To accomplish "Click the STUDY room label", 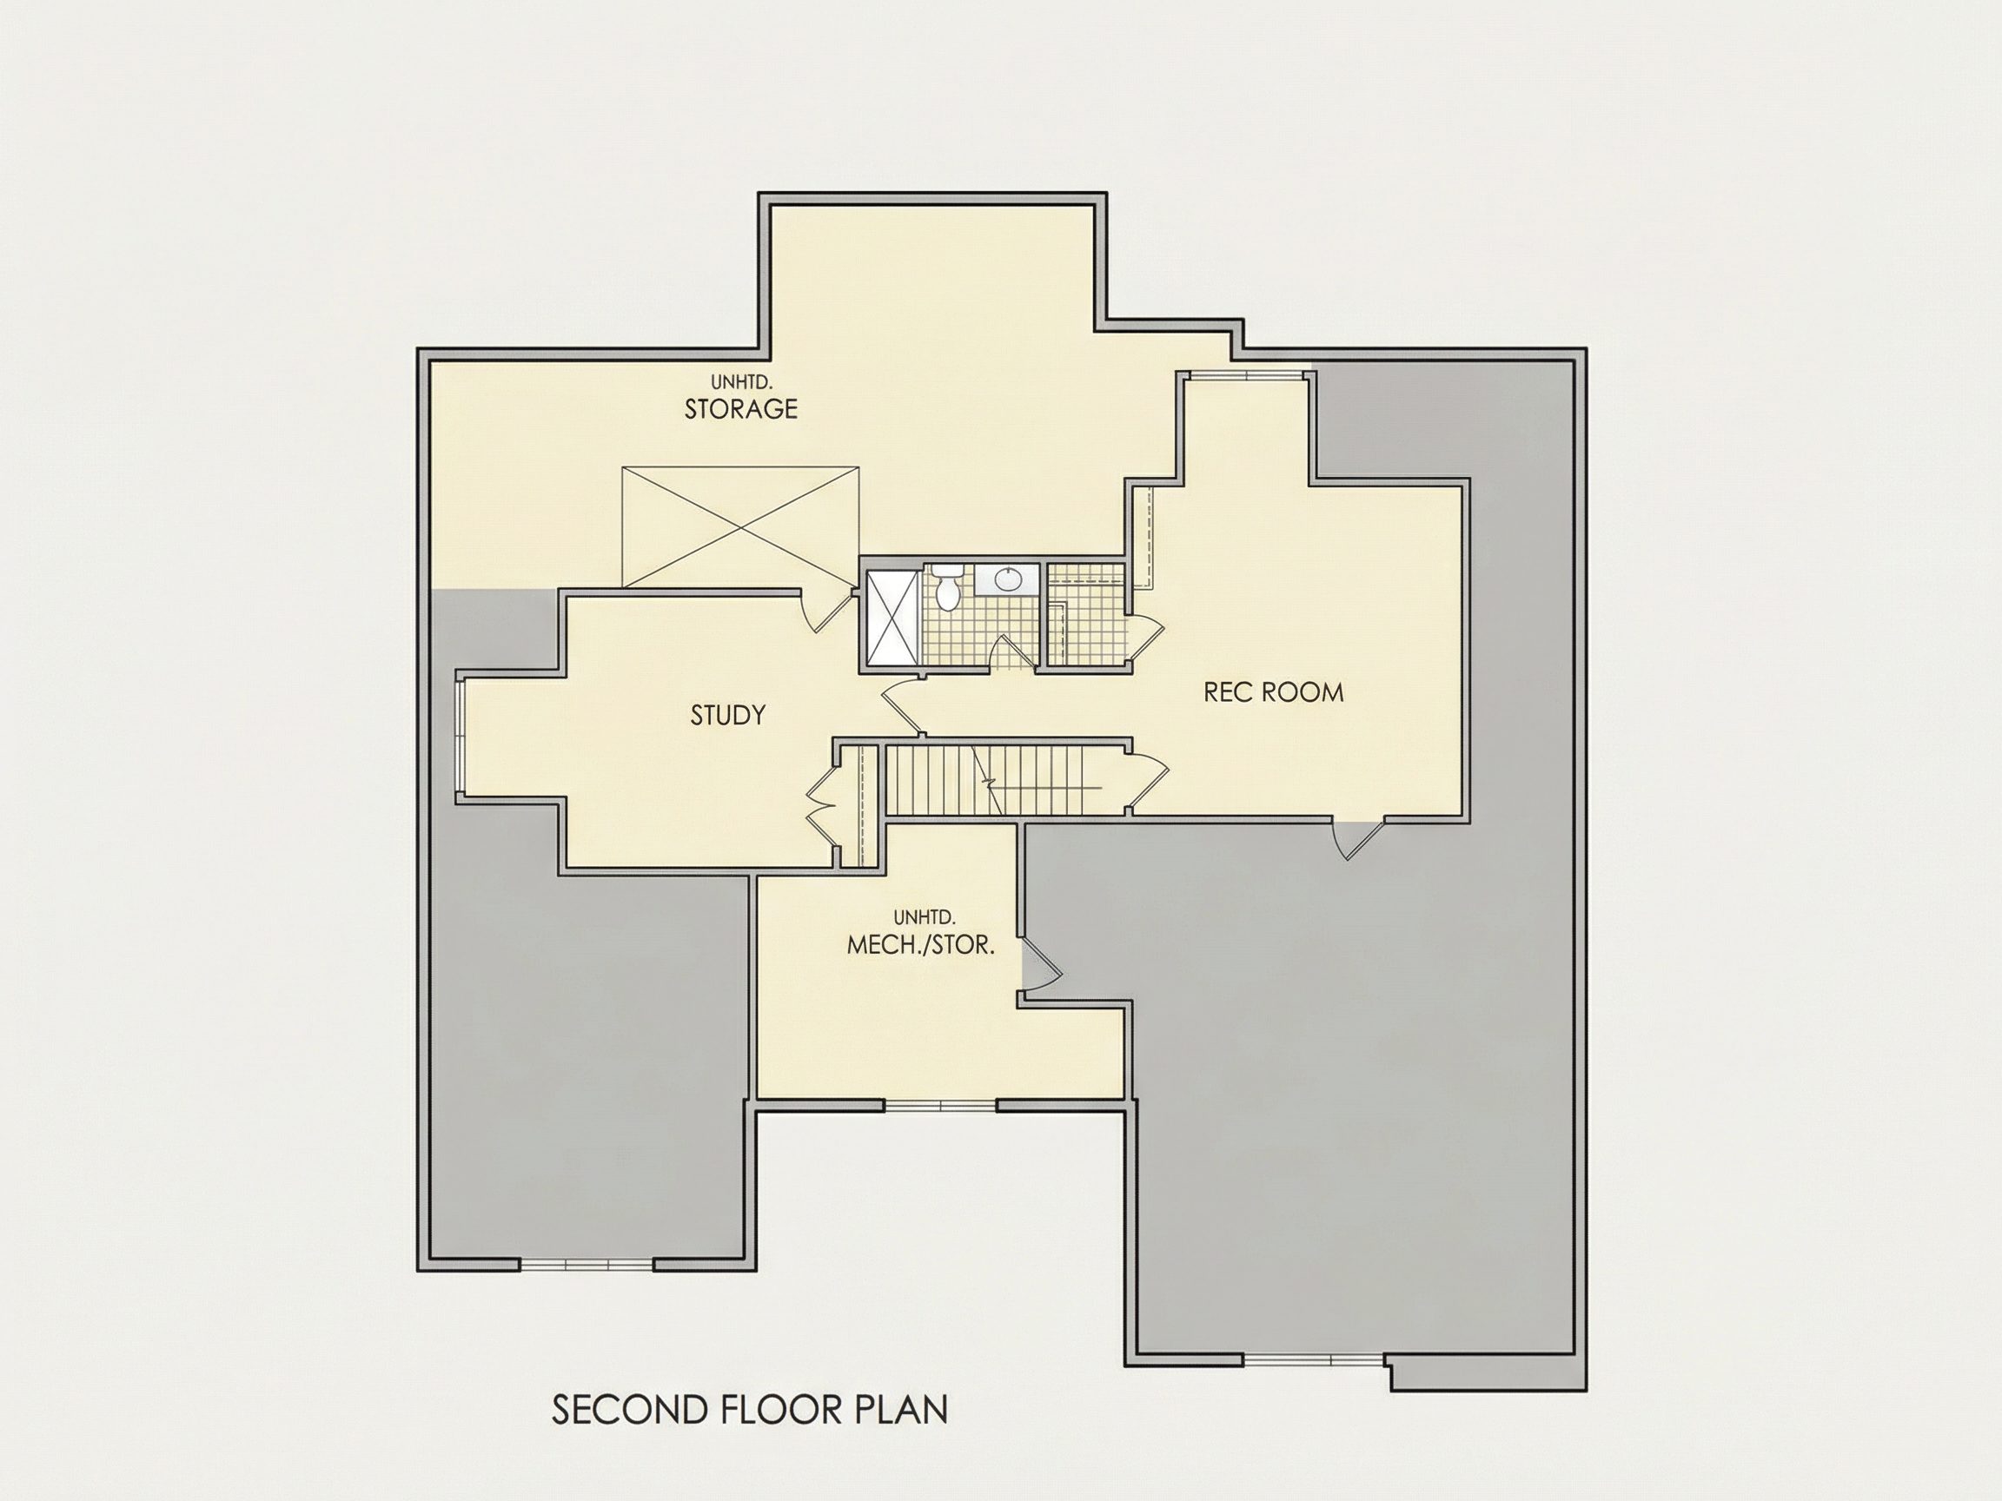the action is (727, 716).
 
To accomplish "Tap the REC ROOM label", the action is (1274, 693).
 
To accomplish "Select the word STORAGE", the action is (740, 409).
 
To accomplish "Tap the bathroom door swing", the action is (1011, 651).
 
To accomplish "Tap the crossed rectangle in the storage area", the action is (740, 527).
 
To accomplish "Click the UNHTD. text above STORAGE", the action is (740, 383).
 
